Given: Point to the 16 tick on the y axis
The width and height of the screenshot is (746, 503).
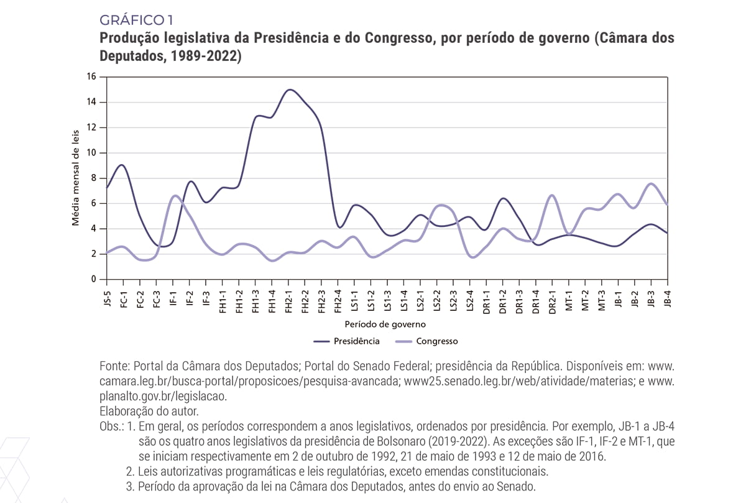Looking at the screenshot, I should pyautogui.click(x=92, y=77).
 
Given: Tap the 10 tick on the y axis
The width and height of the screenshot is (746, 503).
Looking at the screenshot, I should pyautogui.click(x=92, y=153).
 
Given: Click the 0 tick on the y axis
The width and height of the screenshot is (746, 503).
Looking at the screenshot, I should pyautogui.click(x=94, y=279).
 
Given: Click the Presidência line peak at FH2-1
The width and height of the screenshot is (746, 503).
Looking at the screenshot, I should pyautogui.click(x=289, y=90).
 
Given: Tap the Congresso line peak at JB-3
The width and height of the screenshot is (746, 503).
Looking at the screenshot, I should pyautogui.click(x=651, y=183).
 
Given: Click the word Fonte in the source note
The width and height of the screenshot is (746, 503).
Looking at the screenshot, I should pyautogui.click(x=114, y=366).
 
